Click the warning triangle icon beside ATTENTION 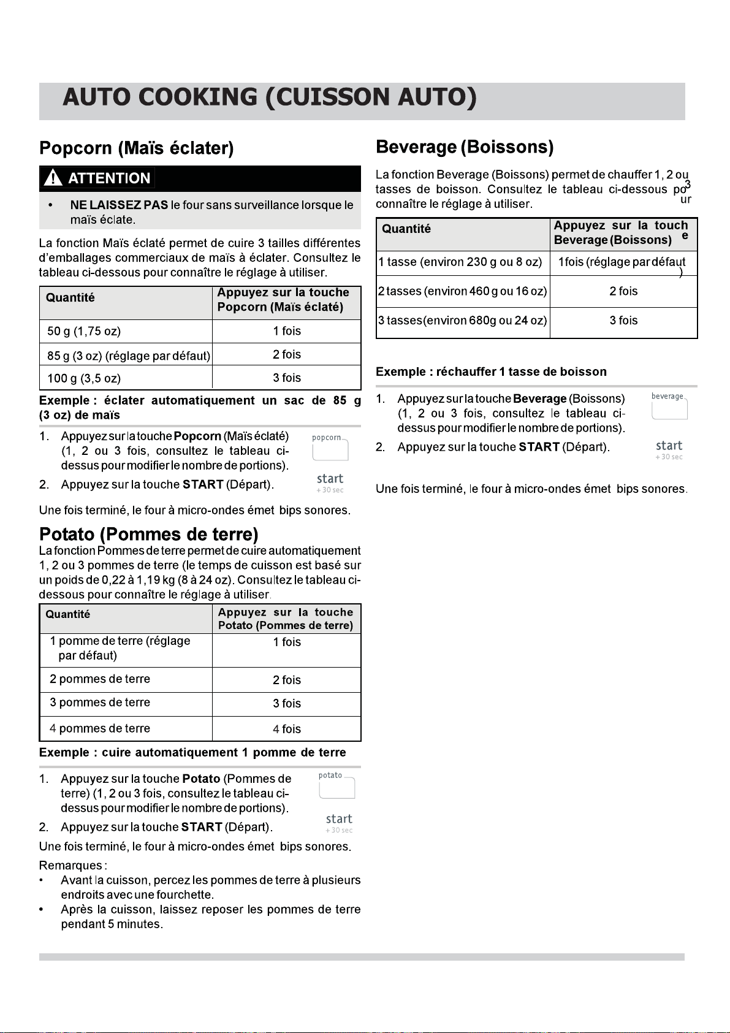(x=53, y=178)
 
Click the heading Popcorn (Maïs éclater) (x=136, y=148)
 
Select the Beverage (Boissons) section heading (x=465, y=147)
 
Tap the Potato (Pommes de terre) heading (x=148, y=534)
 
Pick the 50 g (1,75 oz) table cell (x=84, y=331)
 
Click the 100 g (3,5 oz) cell (x=84, y=378)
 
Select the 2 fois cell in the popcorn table (x=287, y=354)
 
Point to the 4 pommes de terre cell (x=100, y=728)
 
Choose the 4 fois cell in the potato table (x=287, y=729)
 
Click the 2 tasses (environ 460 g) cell (x=462, y=291)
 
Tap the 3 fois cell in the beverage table (x=623, y=321)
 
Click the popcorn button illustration (x=330, y=449)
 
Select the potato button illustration (x=336, y=787)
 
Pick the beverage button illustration (x=669, y=408)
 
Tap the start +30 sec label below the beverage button (x=669, y=449)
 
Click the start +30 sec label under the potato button (x=339, y=823)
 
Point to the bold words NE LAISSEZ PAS (x=119, y=205)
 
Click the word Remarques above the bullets (x=72, y=866)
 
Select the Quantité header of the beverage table (x=406, y=229)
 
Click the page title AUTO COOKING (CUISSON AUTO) (x=269, y=98)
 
